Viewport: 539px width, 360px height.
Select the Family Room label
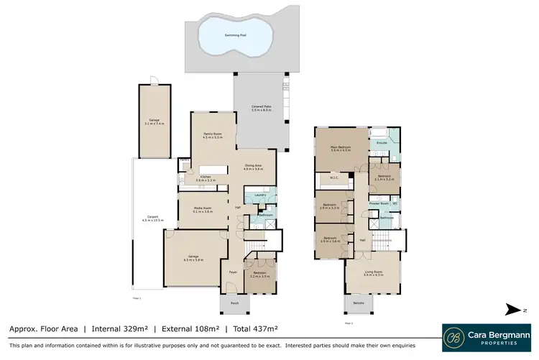pyautogui.click(x=211, y=135)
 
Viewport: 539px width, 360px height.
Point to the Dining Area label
pyautogui.click(x=254, y=167)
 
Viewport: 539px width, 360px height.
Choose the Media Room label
pyautogui.click(x=203, y=210)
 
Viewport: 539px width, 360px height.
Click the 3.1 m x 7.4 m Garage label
pyautogui.click(x=154, y=122)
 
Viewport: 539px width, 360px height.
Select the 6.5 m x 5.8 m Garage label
pyautogui.click(x=193, y=258)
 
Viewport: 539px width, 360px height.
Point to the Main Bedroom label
pyautogui.click(x=340, y=149)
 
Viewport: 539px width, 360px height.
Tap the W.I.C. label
pyautogui.click(x=334, y=179)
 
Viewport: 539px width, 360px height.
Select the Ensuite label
pyautogui.click(x=382, y=142)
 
